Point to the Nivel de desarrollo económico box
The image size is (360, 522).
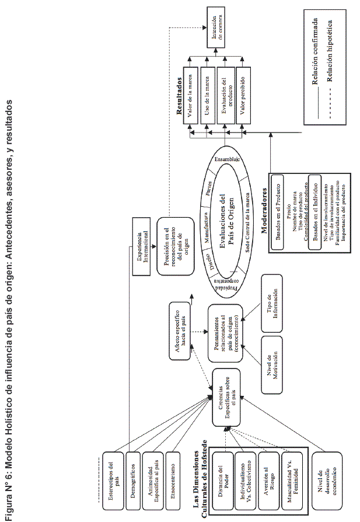point(319,464)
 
